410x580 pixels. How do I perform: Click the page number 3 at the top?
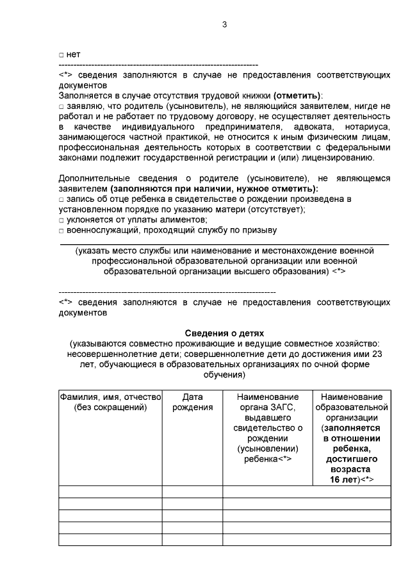[x=224, y=24]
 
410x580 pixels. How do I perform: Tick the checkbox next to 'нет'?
[x=61, y=56]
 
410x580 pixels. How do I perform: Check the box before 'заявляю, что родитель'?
[x=61, y=105]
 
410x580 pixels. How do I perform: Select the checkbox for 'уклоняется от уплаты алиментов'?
[x=61, y=220]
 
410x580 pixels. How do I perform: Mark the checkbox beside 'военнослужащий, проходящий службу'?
[x=61, y=230]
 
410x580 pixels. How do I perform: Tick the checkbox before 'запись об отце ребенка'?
[x=61, y=199]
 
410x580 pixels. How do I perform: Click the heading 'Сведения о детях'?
[x=224, y=333]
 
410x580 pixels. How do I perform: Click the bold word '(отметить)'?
[x=297, y=95]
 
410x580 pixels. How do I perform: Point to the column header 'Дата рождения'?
[x=192, y=402]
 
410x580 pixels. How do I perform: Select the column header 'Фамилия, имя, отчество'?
[x=110, y=402]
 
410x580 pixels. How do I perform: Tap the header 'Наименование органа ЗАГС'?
[x=267, y=402]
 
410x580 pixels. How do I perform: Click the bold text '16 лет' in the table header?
[x=345, y=479]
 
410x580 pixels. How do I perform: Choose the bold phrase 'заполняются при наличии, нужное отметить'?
[x=214, y=189]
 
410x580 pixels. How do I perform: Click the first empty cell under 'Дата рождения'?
[x=192, y=492]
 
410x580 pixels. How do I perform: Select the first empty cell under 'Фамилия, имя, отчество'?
[x=110, y=492]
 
